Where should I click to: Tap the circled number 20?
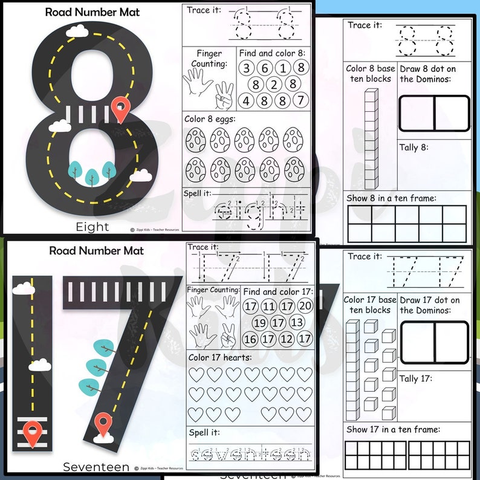(305, 306)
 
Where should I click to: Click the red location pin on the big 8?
(122, 109)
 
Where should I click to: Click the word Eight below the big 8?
(92, 227)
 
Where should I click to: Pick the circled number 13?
(296, 322)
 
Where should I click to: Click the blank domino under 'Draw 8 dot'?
(434, 114)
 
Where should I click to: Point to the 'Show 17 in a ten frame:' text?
(394, 430)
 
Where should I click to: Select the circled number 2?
(274, 84)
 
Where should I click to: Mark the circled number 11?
(269, 306)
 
